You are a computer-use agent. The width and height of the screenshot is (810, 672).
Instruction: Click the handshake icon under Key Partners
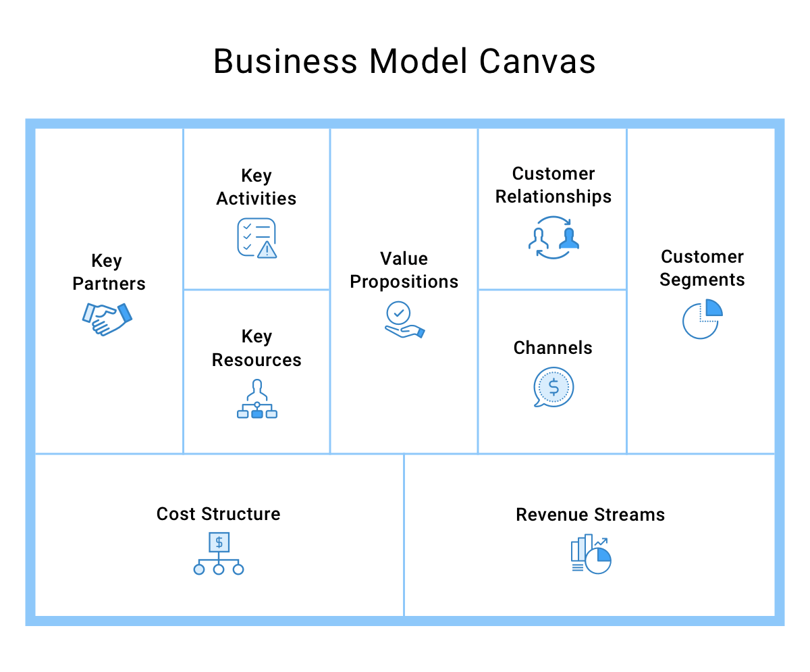[107, 319]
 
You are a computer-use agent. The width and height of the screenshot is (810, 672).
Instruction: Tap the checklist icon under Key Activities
[256, 238]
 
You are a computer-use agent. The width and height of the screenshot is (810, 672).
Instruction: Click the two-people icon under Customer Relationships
[553, 238]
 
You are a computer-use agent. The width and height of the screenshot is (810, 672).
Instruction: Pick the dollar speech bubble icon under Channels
[553, 388]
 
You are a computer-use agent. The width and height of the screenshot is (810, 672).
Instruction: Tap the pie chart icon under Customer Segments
[702, 319]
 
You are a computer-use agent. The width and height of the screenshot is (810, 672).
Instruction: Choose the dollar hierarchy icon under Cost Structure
[219, 553]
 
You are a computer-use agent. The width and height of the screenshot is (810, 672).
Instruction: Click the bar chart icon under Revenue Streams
[591, 554]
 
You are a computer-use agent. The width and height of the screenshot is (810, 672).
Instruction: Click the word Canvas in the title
[537, 61]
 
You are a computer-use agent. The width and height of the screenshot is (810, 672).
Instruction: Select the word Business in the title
[286, 61]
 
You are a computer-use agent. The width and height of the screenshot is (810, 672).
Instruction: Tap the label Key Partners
[108, 272]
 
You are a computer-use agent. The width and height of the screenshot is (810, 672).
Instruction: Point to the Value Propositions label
[404, 270]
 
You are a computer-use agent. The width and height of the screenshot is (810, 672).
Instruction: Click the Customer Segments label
[702, 268]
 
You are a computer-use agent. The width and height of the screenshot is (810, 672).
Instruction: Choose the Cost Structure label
[219, 514]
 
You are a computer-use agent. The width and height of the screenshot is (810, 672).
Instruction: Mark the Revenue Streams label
[591, 515]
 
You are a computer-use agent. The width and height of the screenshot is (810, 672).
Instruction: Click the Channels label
[553, 348]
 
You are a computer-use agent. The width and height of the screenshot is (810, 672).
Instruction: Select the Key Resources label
[256, 348]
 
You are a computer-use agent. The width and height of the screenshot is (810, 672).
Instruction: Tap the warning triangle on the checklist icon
[268, 251]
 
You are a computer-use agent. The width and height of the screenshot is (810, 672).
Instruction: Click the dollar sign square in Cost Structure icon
[219, 542]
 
